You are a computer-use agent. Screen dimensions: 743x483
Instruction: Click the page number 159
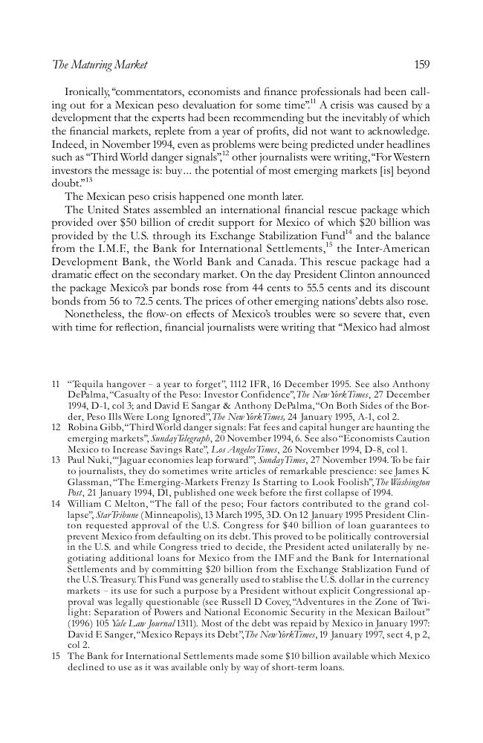[x=421, y=65]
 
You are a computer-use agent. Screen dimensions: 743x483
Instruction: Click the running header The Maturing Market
[x=100, y=65]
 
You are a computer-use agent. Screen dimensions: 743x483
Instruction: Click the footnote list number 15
[x=56, y=656]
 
